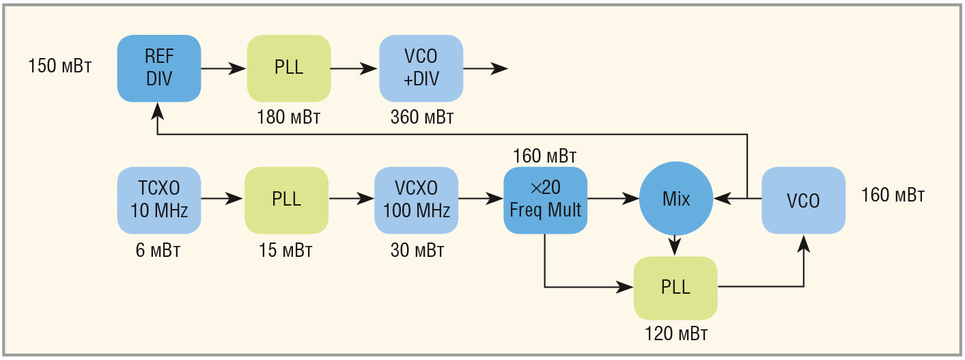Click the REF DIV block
(159, 68)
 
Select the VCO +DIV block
(421, 68)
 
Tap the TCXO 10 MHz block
(159, 200)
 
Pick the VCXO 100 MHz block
(416, 200)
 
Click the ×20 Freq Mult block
(546, 200)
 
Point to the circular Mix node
(676, 198)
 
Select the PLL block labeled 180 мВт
(289, 68)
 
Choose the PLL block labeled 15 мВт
(286, 200)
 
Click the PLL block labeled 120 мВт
(675, 288)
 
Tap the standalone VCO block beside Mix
(803, 200)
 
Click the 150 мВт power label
(60, 66)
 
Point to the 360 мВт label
(422, 117)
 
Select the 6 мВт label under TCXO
(158, 250)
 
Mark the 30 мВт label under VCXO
(417, 250)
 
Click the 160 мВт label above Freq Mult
(544, 156)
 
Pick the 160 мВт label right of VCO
(893, 195)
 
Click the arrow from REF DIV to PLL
(223, 68)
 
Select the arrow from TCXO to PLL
(222, 198)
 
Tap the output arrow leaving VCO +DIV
(486, 68)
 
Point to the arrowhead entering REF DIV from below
(158, 111)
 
